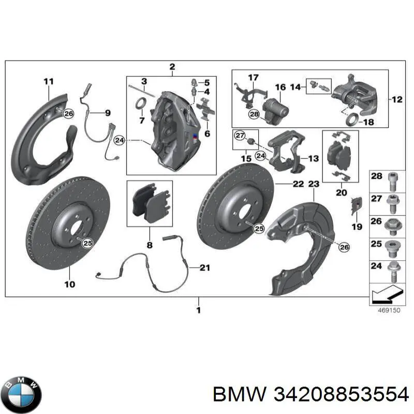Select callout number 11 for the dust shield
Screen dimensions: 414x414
pyautogui.click(x=48, y=81)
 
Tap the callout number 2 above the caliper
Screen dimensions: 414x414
pyautogui.click(x=172, y=66)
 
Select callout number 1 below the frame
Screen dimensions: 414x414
pyautogui.click(x=198, y=310)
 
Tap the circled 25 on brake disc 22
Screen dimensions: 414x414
pyautogui.click(x=258, y=227)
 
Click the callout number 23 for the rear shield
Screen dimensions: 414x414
pyautogui.click(x=314, y=184)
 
